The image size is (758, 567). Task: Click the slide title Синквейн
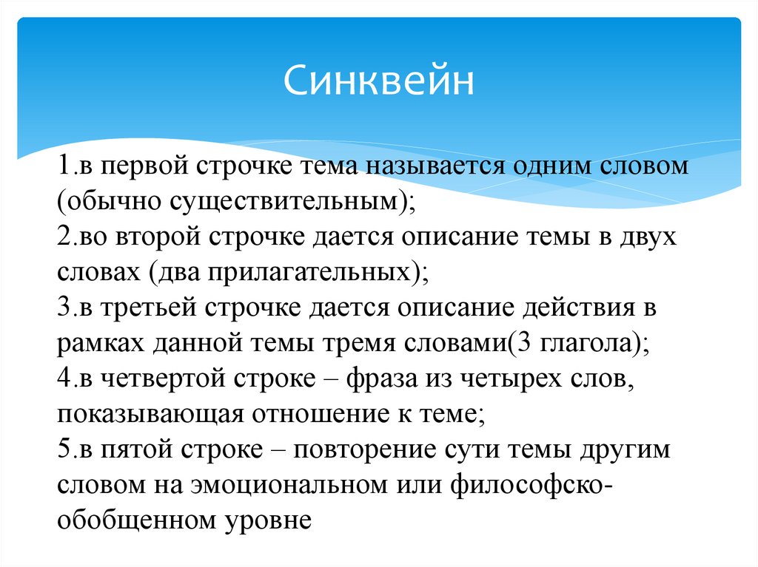pyautogui.click(x=379, y=81)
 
